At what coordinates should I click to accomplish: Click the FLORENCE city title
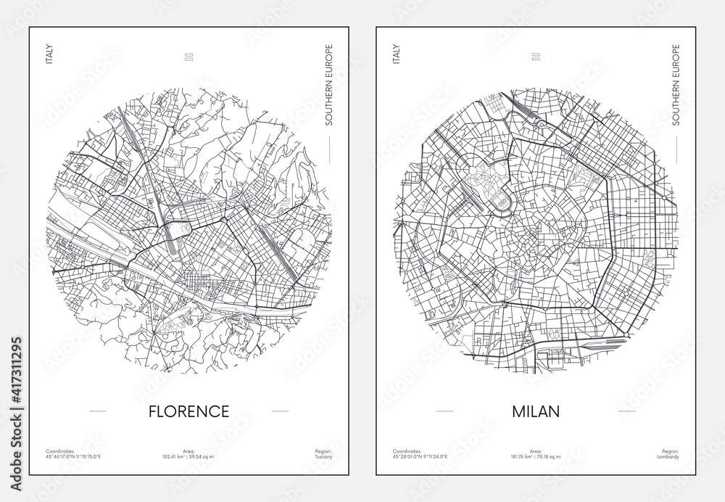[x=188, y=411]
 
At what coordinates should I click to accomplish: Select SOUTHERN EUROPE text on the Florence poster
[x=328, y=86]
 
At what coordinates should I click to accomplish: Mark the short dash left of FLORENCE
[x=98, y=412]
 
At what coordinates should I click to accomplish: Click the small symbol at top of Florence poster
[x=188, y=55]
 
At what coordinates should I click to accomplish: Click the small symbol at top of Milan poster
[x=535, y=55]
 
